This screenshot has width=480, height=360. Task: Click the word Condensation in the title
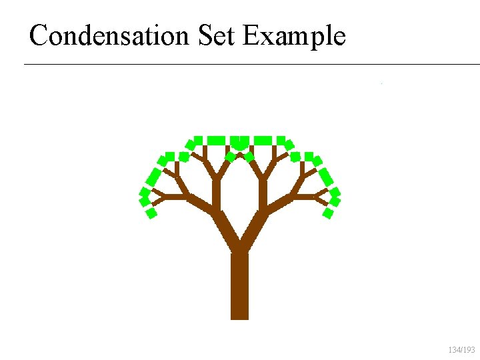tap(110, 35)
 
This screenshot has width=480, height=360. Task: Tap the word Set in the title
tap(217, 35)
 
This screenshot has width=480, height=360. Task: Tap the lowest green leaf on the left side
tap(151, 213)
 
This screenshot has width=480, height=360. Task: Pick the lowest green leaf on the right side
tap(328, 213)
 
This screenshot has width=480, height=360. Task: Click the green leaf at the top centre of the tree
tap(239, 142)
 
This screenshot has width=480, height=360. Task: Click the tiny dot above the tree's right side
tap(381, 83)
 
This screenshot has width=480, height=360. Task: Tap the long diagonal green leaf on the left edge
tap(154, 177)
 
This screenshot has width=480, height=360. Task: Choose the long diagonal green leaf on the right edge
tap(325, 177)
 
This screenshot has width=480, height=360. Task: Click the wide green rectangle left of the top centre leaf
tap(215, 140)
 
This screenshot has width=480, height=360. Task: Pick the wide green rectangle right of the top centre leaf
tap(263, 140)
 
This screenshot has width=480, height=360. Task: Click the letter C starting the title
tap(39, 35)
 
